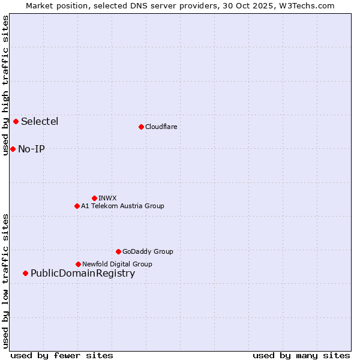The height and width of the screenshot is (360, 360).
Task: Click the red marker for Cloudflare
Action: (141, 127)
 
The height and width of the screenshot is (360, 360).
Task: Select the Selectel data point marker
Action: (16, 121)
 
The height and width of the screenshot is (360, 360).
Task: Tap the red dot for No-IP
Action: (13, 149)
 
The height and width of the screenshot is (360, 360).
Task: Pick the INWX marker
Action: (94, 198)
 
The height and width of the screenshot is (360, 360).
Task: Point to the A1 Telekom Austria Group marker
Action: (77, 206)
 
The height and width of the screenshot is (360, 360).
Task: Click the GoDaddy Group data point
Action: (118, 251)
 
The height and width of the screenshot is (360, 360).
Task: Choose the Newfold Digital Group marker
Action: (78, 264)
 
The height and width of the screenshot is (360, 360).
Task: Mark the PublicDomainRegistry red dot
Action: (25, 273)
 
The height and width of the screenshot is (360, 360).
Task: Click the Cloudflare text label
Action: (161, 127)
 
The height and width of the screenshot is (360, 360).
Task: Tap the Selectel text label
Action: (40, 121)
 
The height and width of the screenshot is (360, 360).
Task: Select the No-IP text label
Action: (31, 149)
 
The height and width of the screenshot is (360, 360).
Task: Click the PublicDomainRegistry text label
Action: (83, 274)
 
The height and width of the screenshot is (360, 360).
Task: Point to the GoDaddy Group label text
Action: (148, 251)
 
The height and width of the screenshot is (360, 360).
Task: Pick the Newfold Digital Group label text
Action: (117, 264)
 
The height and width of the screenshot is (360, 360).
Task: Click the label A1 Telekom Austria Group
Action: (122, 206)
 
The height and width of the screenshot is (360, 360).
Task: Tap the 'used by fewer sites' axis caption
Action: (62, 355)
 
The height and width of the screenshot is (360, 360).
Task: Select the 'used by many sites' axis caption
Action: (301, 355)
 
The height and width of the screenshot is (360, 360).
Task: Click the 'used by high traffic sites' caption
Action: (5, 85)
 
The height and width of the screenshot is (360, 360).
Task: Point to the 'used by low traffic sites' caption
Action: (5, 280)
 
